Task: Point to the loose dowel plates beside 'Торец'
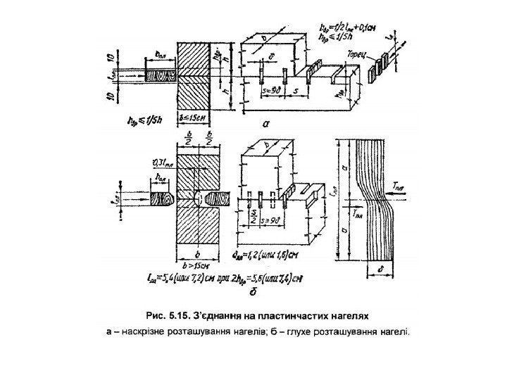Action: pyautogui.click(x=383, y=63)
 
